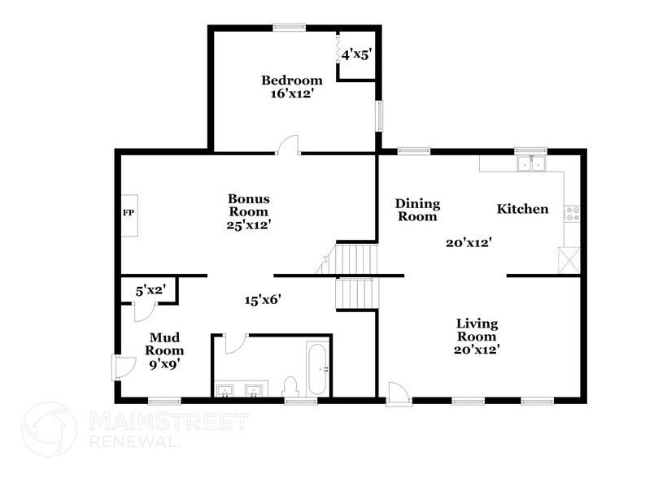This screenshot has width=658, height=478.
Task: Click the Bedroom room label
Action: click(x=291, y=80)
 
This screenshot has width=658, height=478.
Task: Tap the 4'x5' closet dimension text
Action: click(x=355, y=55)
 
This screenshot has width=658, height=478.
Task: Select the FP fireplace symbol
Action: click(x=128, y=214)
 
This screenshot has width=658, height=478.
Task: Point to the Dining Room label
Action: click(x=417, y=210)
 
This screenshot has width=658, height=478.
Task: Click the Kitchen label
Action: click(x=522, y=210)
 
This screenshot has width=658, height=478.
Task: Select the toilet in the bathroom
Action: click(x=290, y=385)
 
